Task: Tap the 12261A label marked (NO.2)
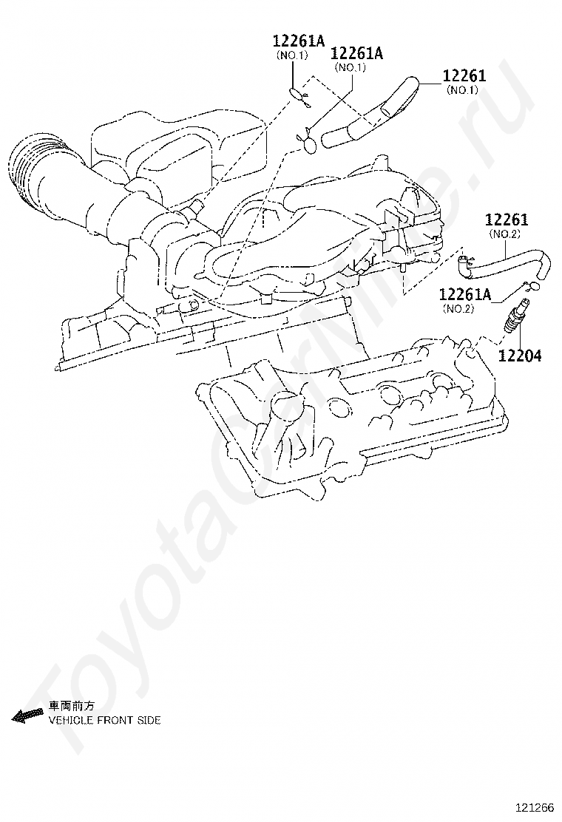pyautogui.click(x=464, y=295)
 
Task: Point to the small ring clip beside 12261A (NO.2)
pyautogui.click(x=534, y=286)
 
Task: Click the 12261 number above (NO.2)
pyautogui.click(x=507, y=220)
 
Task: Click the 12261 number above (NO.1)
pyautogui.click(x=464, y=77)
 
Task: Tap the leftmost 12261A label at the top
pyautogui.click(x=298, y=42)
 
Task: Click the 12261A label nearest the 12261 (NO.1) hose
pyautogui.click(x=356, y=53)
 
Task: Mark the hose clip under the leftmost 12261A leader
pyautogui.click(x=297, y=93)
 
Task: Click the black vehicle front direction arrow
pyautogui.click(x=28, y=713)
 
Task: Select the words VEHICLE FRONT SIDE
pyautogui.click(x=104, y=720)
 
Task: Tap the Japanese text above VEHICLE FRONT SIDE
pyautogui.click(x=72, y=705)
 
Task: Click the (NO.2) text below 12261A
pyautogui.click(x=458, y=308)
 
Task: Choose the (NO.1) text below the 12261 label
pyautogui.click(x=462, y=90)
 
